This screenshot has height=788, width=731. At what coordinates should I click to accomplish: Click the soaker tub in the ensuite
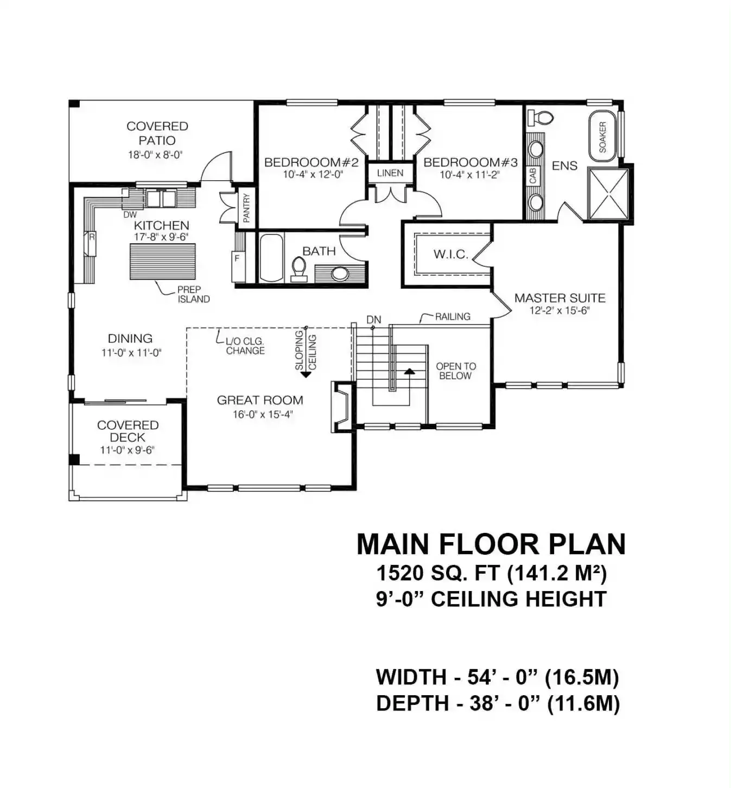click(602, 136)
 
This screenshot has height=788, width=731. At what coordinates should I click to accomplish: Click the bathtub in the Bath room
click(271, 258)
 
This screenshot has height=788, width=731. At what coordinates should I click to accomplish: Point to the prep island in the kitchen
click(162, 262)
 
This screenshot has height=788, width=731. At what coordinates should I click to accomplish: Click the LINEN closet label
click(390, 173)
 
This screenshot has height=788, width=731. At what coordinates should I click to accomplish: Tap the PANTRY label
click(246, 208)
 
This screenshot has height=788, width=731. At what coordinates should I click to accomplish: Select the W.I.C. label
click(451, 255)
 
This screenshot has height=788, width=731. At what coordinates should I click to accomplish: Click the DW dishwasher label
click(130, 215)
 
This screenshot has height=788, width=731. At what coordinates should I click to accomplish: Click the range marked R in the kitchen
click(90, 243)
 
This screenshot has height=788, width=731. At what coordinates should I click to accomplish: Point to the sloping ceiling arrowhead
click(306, 373)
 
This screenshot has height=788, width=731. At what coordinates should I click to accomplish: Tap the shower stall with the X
click(608, 194)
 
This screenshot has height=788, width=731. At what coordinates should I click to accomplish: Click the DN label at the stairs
click(374, 320)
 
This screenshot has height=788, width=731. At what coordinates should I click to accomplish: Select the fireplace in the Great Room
click(340, 406)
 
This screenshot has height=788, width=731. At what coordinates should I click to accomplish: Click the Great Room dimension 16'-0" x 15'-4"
click(262, 415)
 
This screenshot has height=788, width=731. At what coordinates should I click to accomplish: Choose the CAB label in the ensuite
click(532, 175)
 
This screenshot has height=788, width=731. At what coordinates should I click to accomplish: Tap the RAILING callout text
click(453, 316)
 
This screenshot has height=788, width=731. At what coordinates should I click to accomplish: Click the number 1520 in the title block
click(401, 573)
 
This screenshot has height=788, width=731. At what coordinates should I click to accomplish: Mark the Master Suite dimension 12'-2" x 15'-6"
click(560, 310)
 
